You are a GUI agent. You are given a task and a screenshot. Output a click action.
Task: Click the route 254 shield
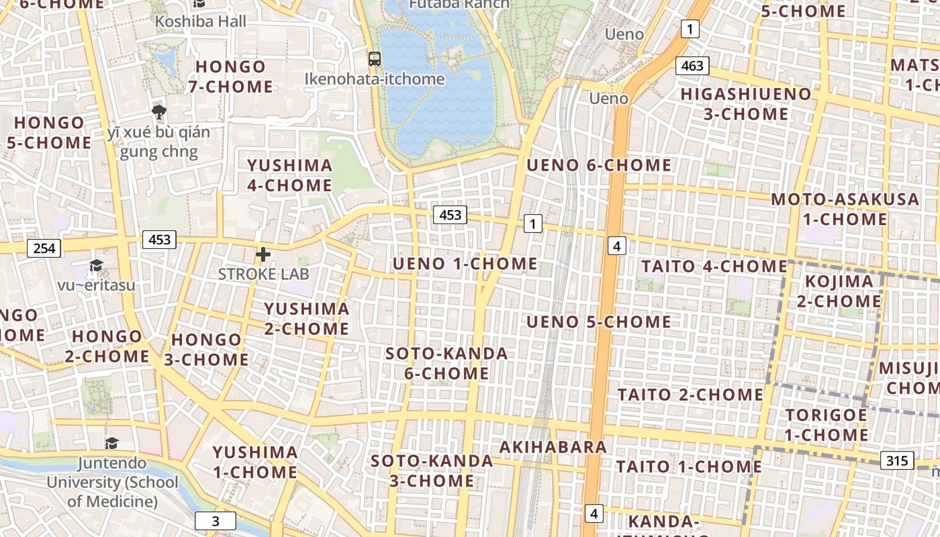(44, 248)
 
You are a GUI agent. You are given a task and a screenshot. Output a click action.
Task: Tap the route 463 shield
(692, 66)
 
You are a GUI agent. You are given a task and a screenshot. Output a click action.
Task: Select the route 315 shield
(896, 460)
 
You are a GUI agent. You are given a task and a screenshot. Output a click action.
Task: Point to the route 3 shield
(216, 521)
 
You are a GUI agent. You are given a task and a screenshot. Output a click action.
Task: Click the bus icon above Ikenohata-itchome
(375, 59)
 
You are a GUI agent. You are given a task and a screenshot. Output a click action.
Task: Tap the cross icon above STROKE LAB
(263, 254)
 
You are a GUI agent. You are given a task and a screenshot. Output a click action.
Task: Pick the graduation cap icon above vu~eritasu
(96, 266)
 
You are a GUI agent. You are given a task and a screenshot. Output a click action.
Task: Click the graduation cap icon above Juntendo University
(111, 444)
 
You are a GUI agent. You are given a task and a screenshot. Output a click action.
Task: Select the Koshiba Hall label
(201, 21)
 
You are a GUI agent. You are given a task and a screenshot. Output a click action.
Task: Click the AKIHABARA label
(553, 447)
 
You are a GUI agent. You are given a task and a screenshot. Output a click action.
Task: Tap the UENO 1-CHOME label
(465, 264)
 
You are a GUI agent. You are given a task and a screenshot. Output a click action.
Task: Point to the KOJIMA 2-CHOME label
(839, 291)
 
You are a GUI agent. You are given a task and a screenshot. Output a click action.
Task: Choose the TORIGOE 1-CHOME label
(827, 425)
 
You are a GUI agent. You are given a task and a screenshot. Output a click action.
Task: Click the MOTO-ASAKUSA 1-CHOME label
(845, 209)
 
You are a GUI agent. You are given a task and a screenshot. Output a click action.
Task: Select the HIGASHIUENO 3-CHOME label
(746, 104)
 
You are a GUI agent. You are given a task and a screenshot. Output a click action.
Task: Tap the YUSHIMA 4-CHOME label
(289, 175)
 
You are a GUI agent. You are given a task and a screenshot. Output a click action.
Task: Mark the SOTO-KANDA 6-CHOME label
(446, 363)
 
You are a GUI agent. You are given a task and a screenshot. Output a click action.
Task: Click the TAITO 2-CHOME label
(690, 394)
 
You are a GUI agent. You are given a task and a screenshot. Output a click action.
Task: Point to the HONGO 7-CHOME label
(230, 77)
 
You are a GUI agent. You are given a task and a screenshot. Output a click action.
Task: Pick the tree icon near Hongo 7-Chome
(159, 111)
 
